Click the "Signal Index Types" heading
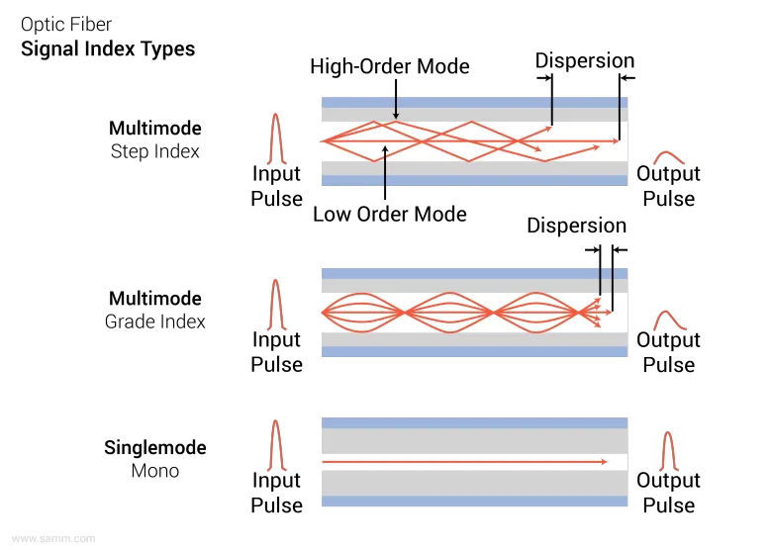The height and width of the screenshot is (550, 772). coord(108,49)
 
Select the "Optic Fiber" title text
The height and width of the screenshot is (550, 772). coord(66,24)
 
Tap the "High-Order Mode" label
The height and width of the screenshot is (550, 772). coord(389,66)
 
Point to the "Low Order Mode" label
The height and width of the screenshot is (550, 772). coord(389,214)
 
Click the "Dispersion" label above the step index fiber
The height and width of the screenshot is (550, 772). coord(584,60)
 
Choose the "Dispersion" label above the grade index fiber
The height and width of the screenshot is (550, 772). coord(577,226)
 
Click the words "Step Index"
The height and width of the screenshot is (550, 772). coord(155,151)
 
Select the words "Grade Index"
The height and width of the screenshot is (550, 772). coord(155,321)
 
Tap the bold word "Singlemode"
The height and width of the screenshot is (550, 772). coord(155,448)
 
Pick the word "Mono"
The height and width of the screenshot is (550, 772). coord(155,471)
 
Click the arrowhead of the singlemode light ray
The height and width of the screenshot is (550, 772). coord(604,462)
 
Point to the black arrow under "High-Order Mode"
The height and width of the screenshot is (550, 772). coord(396,99)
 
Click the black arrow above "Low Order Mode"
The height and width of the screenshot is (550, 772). coord(385,172)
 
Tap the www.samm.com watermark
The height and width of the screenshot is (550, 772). coord(53,539)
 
